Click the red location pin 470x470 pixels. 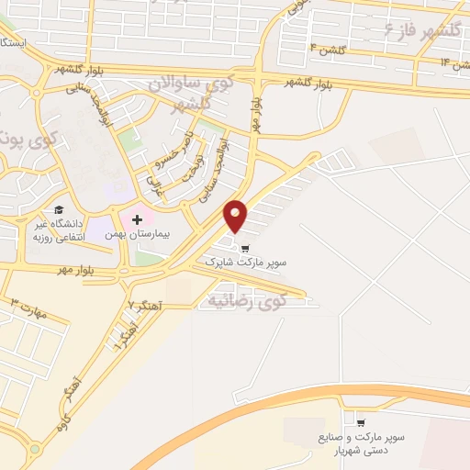pos(236,216)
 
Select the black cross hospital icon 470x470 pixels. pos(138,219)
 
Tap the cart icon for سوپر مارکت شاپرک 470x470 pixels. pos(244,247)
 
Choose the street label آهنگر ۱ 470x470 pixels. pos(118,340)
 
